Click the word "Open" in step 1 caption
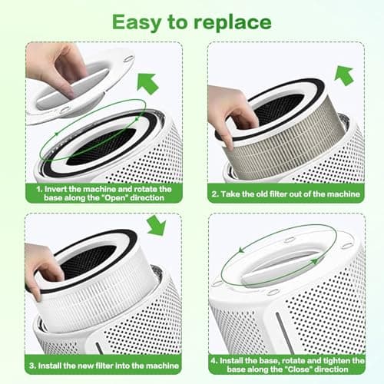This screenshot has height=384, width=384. tap(129, 196)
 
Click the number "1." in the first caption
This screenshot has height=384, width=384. tap(37, 186)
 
